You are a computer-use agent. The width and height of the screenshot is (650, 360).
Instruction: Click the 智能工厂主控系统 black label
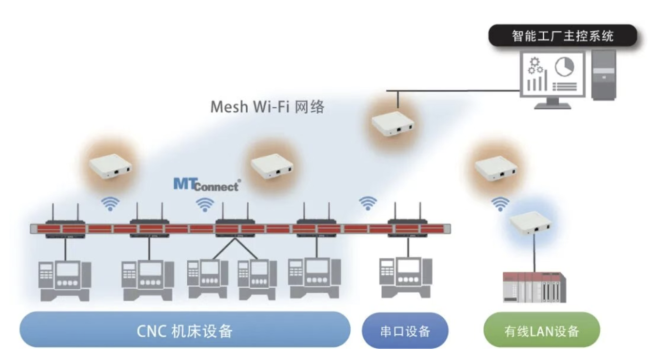coord(562,36)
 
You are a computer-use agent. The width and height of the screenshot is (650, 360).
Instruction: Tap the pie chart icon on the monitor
coord(565,67)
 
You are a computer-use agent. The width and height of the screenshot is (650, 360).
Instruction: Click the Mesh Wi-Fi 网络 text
coord(267,107)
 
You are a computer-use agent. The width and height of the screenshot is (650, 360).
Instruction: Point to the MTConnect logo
coord(206,185)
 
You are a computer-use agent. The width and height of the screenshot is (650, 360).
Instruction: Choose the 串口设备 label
coord(405,331)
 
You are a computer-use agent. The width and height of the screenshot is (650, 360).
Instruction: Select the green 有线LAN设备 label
coord(541,331)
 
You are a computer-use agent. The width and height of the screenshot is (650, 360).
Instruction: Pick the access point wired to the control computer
coord(394,124)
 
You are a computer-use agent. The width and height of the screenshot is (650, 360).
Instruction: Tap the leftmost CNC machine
coord(65,280)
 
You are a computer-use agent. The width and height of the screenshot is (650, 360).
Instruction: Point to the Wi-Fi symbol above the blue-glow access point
coord(500,204)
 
